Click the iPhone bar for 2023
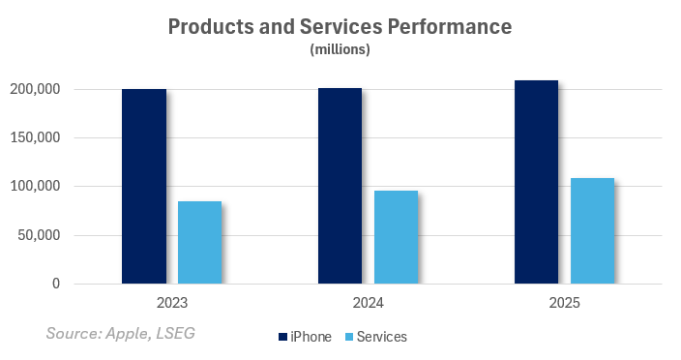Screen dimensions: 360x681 (x=144, y=187)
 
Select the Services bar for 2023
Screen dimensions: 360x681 (x=199, y=242)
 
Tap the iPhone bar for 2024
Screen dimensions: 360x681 (x=340, y=186)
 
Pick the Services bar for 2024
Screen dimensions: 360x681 (x=396, y=237)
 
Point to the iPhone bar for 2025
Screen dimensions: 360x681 (x=536, y=182)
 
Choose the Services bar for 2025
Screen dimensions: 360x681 (x=592, y=230)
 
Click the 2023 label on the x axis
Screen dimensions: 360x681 (x=172, y=303)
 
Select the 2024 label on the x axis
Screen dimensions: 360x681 (x=368, y=303)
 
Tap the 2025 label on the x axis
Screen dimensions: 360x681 (x=564, y=303)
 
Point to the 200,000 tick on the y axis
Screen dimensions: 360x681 (x=36, y=89)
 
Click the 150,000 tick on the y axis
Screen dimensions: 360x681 (x=36, y=137)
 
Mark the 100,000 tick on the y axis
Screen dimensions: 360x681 (x=36, y=186)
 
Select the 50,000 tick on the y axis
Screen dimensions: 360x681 (x=40, y=235)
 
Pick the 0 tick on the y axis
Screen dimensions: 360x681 (x=56, y=284)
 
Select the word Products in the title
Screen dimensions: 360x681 (x=210, y=27)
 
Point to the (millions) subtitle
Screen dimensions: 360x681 (x=340, y=49)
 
